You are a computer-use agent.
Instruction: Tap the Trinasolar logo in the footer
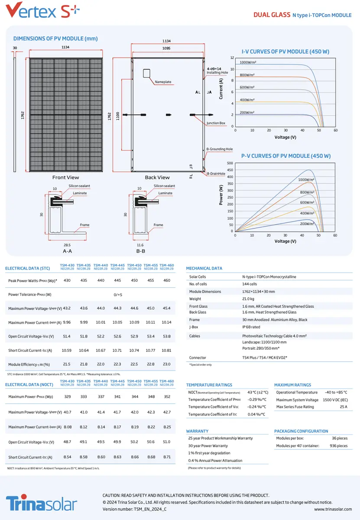coord(42,504)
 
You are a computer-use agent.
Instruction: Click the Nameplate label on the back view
coord(163,82)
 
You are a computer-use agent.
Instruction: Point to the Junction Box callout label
coord(216,123)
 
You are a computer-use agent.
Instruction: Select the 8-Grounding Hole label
coord(220,149)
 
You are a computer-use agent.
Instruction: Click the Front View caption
coord(65,177)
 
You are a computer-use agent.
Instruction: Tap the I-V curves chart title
coord(285,52)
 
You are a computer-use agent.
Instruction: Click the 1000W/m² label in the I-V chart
coord(248,62)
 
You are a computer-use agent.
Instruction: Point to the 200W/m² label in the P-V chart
coord(307,224)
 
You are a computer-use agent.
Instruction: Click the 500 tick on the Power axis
coord(230,163)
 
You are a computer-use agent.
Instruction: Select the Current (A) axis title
coord(221,88)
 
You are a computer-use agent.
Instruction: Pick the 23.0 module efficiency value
coord(166,364)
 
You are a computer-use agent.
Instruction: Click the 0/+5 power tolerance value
coord(118,295)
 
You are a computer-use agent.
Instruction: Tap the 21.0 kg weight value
coord(248,299)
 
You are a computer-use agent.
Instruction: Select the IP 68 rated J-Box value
coord(251,327)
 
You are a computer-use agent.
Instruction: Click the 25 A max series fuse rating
coord(343,407)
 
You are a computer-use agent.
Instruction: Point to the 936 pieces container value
coord(339,445)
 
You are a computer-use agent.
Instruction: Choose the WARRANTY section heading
coord(197,431)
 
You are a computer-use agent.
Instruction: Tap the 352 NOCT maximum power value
coord(167,396)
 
